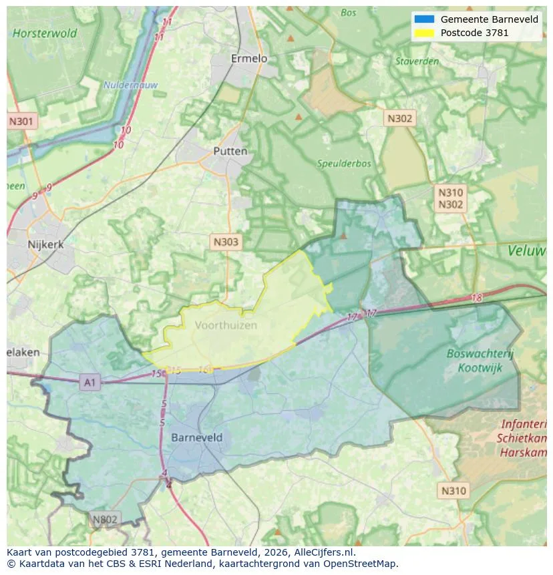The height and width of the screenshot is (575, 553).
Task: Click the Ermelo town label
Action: pyautogui.click(x=248, y=59)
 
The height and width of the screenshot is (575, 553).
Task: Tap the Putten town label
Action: pyautogui.click(x=230, y=151)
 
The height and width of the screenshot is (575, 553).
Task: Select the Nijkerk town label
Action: pyautogui.click(x=46, y=244)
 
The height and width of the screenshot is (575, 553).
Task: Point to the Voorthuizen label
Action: pyautogui.click(x=226, y=325)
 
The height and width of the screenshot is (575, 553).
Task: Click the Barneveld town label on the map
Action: pyautogui.click(x=197, y=438)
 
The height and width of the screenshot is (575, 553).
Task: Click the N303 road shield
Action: pyautogui.click(x=225, y=242)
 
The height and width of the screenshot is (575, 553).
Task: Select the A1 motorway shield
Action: pyautogui.click(x=89, y=383)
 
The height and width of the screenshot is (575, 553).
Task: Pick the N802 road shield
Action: pyautogui.click(x=105, y=520)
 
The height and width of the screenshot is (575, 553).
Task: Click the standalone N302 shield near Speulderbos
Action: pyautogui.click(x=400, y=119)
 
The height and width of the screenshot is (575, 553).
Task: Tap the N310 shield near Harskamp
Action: pyautogui.click(x=454, y=491)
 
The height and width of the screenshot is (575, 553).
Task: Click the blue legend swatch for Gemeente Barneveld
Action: pyautogui.click(x=424, y=19)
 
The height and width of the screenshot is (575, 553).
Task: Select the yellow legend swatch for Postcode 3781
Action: pyautogui.click(x=424, y=33)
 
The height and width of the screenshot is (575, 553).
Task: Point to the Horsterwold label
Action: pyautogui.click(x=45, y=33)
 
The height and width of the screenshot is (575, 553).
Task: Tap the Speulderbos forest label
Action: pyautogui.click(x=344, y=163)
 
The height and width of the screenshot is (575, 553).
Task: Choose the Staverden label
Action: pyautogui.click(x=417, y=61)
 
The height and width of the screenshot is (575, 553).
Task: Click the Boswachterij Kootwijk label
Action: pyautogui.click(x=481, y=361)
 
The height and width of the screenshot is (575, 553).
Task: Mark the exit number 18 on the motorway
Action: pyautogui.click(x=476, y=298)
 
